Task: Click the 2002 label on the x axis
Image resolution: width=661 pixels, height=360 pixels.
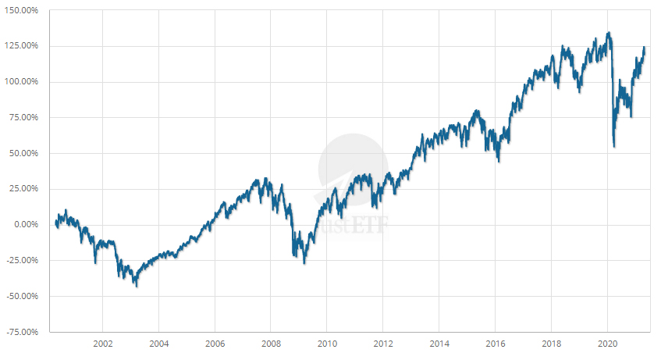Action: coord(102,344)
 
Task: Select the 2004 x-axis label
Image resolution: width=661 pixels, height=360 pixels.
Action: coord(158,344)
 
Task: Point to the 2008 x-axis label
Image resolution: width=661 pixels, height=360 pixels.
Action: coord(271,344)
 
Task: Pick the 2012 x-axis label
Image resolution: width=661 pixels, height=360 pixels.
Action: coord(383,344)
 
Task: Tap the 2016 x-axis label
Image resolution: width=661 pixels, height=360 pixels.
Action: coord(496,344)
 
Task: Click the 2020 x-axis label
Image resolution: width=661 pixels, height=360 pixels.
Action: coord(608,344)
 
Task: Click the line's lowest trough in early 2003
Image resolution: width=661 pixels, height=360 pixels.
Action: coord(137,286)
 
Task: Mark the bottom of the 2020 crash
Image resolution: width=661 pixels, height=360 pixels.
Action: coord(614,146)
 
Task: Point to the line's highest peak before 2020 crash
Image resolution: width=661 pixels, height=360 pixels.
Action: coord(609,33)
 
